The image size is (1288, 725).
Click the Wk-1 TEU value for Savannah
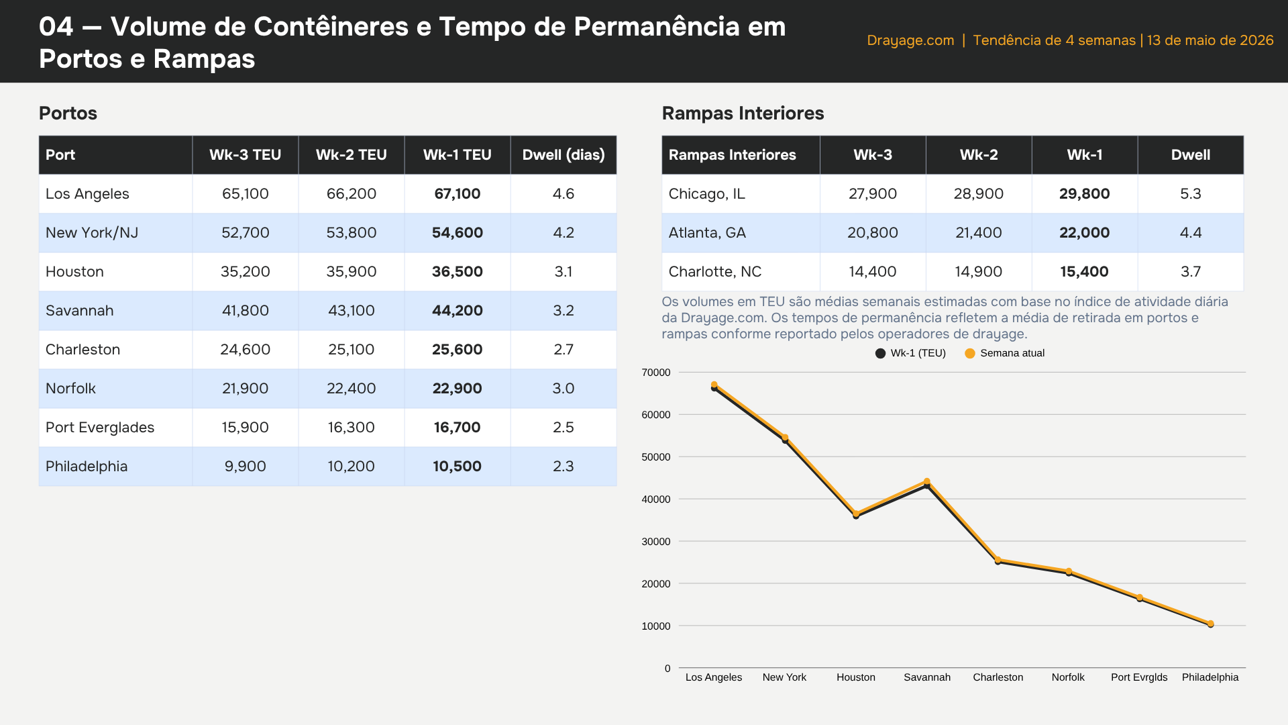(x=457, y=311)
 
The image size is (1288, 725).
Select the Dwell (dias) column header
(x=563, y=155)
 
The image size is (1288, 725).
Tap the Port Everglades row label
(x=100, y=428)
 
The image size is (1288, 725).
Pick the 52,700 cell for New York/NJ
(x=246, y=233)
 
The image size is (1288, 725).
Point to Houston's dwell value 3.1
(x=563, y=272)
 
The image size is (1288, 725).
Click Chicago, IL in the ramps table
(x=707, y=194)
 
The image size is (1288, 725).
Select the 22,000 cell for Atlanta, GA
(x=1085, y=233)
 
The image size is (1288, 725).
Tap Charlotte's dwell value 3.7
(x=1191, y=272)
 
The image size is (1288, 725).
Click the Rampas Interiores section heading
(x=743, y=113)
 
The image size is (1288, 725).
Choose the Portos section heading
(x=68, y=113)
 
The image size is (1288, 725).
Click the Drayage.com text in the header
(x=910, y=40)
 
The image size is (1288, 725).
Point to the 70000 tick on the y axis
(x=656, y=373)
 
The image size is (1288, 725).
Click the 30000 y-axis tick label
(x=656, y=542)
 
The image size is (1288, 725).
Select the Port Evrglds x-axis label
(x=1139, y=677)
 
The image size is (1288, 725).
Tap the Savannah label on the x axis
(x=927, y=677)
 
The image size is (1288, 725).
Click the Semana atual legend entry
(x=1004, y=353)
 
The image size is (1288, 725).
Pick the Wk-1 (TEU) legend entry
(x=910, y=353)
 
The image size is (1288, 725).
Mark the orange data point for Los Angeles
(x=714, y=385)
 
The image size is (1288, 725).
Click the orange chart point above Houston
(x=856, y=514)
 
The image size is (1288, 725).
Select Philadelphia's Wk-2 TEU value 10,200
(x=352, y=467)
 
